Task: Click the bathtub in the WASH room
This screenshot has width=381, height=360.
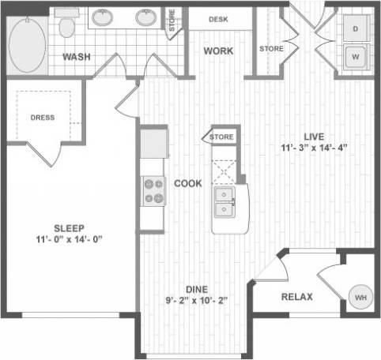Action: coord(30,45)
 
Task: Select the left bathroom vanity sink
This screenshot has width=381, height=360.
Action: coord(102,17)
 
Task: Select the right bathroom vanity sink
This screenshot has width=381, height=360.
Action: coord(145,17)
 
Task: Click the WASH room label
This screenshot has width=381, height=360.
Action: coord(76,57)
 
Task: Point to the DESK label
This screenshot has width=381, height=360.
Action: coord(219,19)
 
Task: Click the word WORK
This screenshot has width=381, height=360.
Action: coord(217,51)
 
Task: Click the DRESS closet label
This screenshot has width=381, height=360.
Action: coord(43,118)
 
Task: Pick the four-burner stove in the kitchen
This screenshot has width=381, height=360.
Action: coord(153,190)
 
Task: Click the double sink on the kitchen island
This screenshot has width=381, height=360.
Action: coord(225,201)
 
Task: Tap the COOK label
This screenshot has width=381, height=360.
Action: coord(188,182)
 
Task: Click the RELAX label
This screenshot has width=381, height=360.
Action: coord(297,297)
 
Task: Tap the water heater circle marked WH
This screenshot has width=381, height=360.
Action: coord(359,298)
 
